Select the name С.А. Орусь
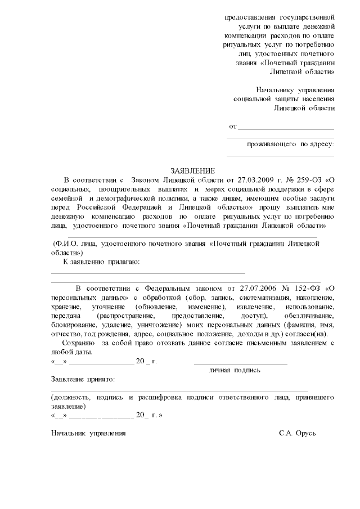coord(298,433)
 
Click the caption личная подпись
coord(235,371)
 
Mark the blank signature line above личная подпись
coord(240,363)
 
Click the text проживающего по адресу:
coord(290,145)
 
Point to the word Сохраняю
coord(78,343)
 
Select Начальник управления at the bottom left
coord(88,433)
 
